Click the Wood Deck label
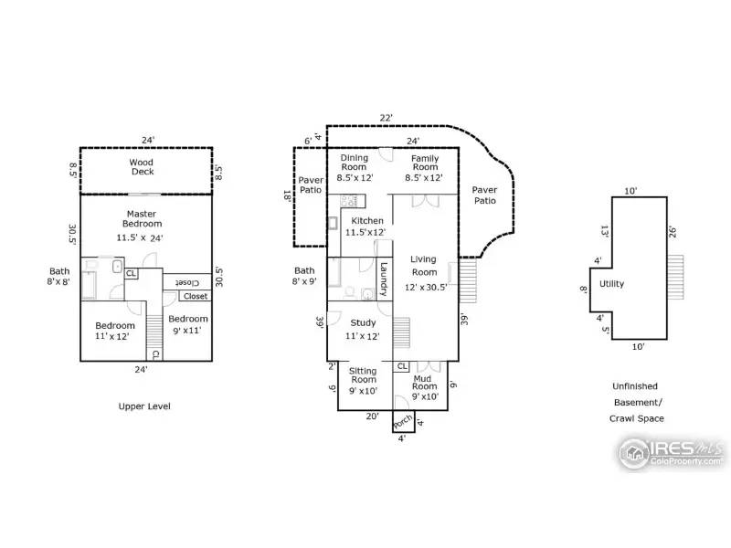[142, 167]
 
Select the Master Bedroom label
[142, 218]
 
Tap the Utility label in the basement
[611, 284]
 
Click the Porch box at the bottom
[403, 422]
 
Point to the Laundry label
[384, 279]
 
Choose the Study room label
[363, 322]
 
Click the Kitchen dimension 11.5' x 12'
[365, 232]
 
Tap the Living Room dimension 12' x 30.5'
[426, 287]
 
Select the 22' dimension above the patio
[386, 118]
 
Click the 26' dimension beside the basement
[673, 232]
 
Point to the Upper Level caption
[144, 406]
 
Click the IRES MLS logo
[672, 452]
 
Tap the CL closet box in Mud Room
[402, 366]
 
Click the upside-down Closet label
[187, 282]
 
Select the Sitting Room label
[363, 375]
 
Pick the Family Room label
[425, 163]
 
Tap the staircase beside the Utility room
[675, 278]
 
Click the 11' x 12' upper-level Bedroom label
[115, 331]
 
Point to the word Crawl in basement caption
[622, 418]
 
